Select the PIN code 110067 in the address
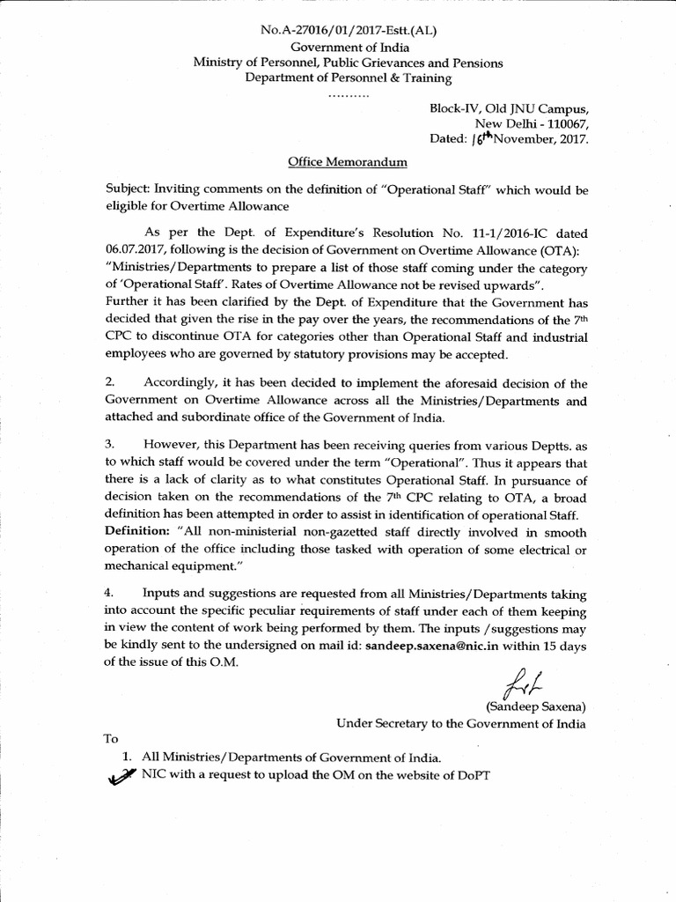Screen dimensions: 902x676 point(567,122)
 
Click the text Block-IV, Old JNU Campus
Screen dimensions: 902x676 point(507,107)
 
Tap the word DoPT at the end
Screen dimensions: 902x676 point(469,774)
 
